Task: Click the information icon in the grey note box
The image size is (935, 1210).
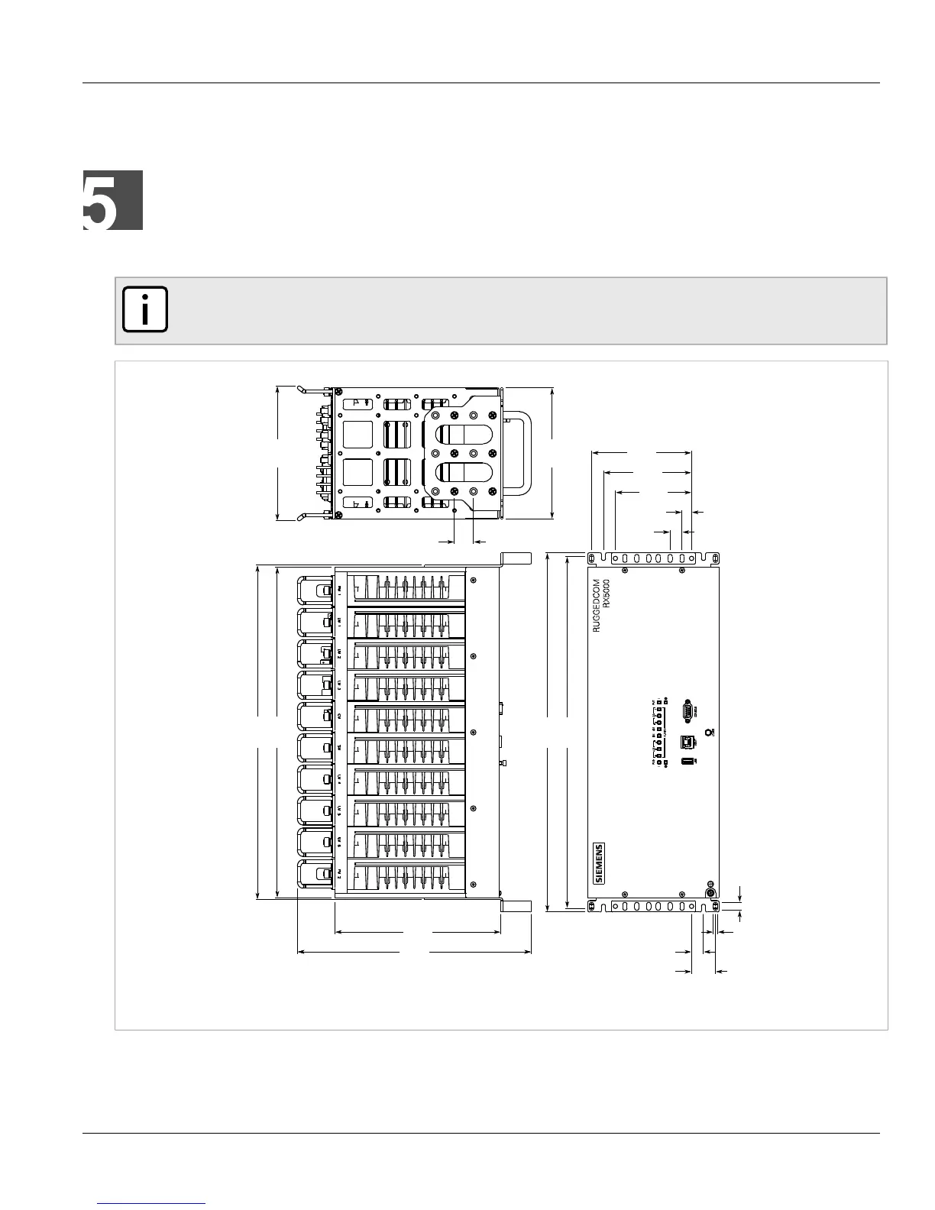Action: click(144, 311)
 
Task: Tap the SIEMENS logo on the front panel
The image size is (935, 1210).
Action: click(599, 863)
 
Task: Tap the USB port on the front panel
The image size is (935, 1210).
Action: click(686, 764)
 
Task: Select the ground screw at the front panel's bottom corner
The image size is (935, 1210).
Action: click(710, 892)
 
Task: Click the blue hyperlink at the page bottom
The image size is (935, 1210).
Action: click(153, 1205)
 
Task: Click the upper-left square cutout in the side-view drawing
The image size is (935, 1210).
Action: click(357, 435)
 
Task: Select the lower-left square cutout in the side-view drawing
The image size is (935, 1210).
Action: click(357, 474)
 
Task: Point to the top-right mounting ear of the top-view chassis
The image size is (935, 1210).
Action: click(516, 558)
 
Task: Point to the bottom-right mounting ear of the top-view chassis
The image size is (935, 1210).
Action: click(516, 905)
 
